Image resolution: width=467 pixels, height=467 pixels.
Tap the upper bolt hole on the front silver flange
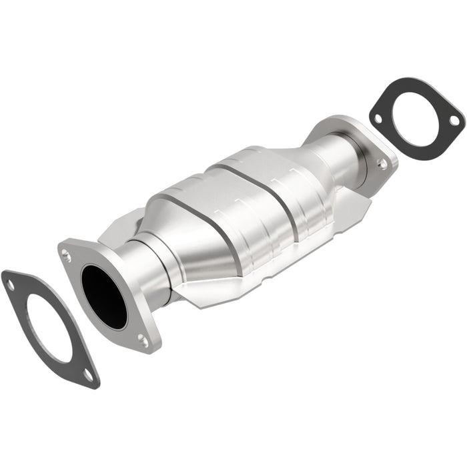coord(66,254)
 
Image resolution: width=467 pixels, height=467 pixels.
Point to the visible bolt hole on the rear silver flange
coord(382,162)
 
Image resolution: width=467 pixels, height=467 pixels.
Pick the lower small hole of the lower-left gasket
coord(87,375)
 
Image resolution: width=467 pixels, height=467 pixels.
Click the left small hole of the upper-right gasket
coord(378,118)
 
